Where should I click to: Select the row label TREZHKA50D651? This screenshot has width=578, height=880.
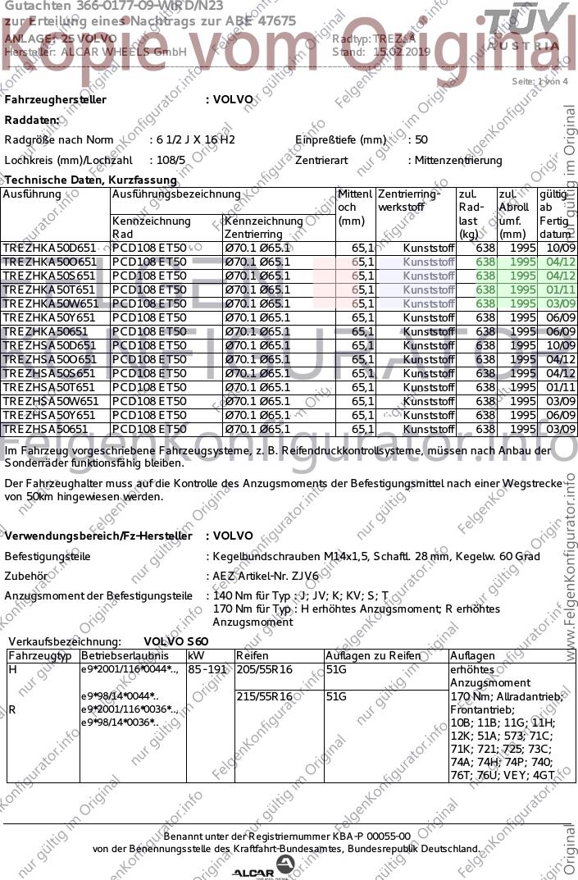[x=49, y=247]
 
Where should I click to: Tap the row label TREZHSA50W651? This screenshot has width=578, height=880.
[x=50, y=401]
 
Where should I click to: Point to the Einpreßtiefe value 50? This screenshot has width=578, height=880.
[x=421, y=139]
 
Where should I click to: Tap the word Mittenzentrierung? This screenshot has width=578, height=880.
[x=458, y=161]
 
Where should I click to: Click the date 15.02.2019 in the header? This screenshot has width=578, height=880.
[x=402, y=52]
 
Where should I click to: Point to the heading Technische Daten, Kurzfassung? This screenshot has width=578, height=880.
[x=91, y=180]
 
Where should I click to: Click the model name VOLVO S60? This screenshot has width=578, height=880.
[x=176, y=641]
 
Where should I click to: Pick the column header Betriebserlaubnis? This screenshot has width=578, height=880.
[x=125, y=656]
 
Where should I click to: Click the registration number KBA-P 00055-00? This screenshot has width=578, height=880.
[x=371, y=836]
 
